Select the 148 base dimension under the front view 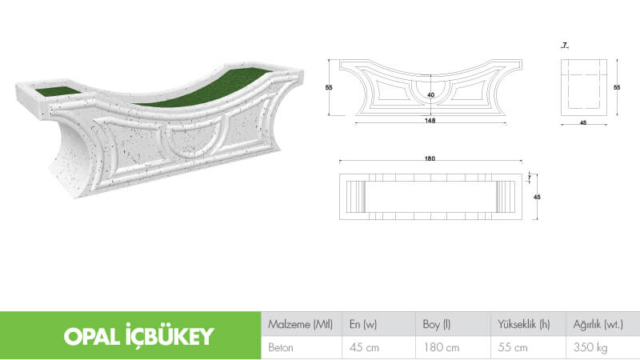point(430,121)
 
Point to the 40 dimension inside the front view point(432,94)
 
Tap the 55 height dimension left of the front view point(329,88)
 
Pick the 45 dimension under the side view point(582,122)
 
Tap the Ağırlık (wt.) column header point(598,325)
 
